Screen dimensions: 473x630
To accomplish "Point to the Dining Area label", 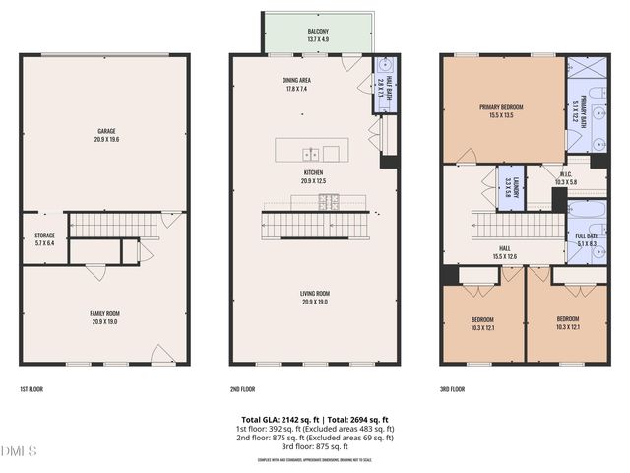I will click(297, 85).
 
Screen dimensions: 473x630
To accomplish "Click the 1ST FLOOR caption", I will click(31, 389).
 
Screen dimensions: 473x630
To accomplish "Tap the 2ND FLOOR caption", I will click(242, 389).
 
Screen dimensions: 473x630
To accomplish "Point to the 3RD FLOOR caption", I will click(452, 389).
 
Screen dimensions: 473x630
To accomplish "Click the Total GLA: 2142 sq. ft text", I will click(276, 420).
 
